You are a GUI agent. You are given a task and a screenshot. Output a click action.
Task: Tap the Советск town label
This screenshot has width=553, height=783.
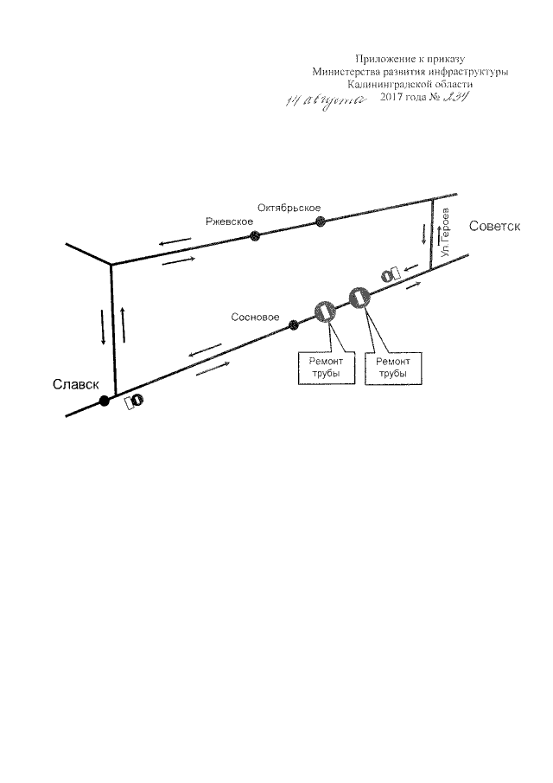coord(494,226)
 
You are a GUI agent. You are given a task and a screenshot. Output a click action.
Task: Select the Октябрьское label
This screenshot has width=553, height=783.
coord(289,208)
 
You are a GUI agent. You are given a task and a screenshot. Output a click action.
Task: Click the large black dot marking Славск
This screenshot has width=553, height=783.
coord(105,401)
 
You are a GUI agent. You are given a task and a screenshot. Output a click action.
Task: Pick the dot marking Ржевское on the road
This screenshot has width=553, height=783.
coord(254,236)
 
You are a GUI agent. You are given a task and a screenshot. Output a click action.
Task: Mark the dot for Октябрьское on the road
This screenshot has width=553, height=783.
coord(321,221)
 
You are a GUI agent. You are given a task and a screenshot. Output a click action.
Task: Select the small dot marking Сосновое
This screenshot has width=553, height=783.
coord(293,325)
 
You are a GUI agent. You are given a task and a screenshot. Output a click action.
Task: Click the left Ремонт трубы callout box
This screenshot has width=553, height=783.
coord(320,368)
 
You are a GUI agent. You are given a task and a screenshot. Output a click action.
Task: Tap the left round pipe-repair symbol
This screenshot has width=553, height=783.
coord(325,311)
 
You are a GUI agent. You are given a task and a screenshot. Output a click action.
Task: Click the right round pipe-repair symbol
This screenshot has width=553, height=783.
coord(359,298)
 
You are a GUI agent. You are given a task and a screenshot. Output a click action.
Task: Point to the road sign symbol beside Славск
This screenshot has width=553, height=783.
coord(134,401)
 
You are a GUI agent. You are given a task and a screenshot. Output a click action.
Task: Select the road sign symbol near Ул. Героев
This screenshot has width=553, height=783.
coord(390,274)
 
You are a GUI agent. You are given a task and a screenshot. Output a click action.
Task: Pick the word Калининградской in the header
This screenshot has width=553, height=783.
coord(385,85)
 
